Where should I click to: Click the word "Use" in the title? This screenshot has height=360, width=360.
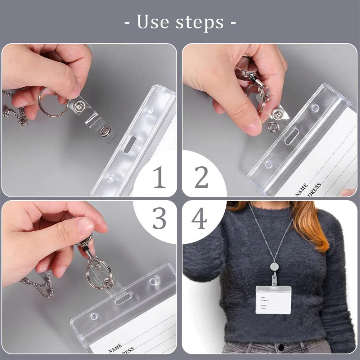tap(153, 22)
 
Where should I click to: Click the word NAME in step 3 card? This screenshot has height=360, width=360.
tap(115, 348)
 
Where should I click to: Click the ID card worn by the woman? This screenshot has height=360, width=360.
tap(273, 300)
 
